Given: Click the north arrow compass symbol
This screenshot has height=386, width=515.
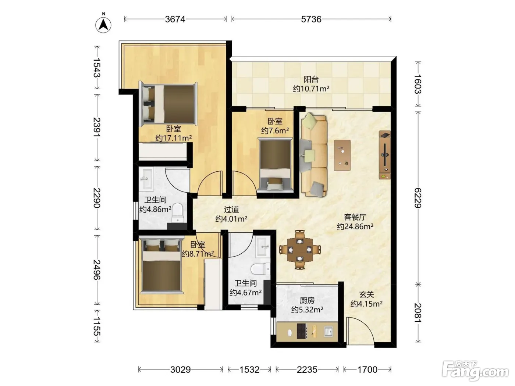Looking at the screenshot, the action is [103, 25].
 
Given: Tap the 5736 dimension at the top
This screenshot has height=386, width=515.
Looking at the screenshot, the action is [311, 19].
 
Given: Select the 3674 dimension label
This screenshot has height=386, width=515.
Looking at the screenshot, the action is [175, 19].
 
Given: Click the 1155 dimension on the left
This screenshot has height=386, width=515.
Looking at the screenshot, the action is [97, 326].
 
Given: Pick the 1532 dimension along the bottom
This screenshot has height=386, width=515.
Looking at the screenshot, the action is [249, 369].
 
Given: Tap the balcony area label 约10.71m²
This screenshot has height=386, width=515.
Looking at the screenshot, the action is [311, 89].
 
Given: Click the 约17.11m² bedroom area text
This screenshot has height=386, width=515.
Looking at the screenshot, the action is [173, 138].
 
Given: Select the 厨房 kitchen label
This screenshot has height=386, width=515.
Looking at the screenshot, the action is [307, 300].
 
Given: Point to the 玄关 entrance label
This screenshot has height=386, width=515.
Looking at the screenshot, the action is [366, 294].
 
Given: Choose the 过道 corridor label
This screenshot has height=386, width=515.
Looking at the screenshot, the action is [231, 209].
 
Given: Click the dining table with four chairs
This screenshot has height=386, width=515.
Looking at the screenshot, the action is [300, 250].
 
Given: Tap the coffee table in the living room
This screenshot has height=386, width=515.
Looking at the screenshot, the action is [342, 155].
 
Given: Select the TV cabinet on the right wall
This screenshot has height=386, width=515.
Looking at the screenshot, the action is [384, 155].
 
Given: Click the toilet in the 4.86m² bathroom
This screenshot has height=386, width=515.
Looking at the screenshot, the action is [177, 213].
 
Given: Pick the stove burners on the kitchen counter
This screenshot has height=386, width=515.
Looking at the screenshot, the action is [302, 331].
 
